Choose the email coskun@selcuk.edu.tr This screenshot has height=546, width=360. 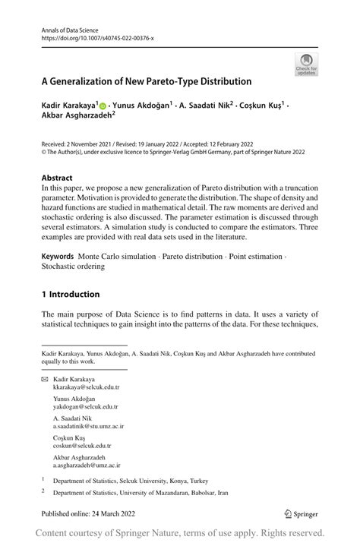click(x=81, y=446)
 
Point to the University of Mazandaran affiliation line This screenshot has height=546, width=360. click(x=141, y=493)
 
